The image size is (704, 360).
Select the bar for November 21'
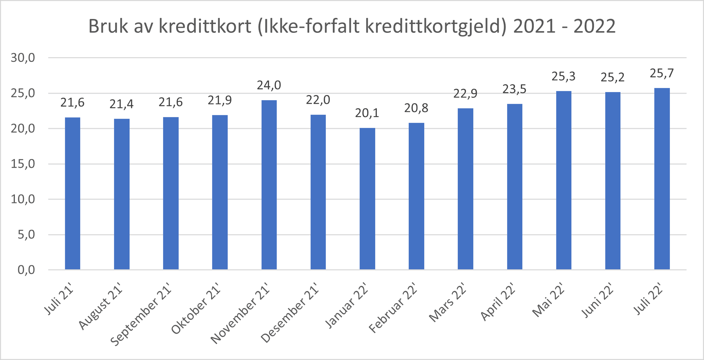click(x=269, y=185)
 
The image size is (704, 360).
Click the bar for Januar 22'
click(x=367, y=199)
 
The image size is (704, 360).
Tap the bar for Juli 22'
click(x=662, y=179)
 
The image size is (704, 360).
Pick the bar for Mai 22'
click(x=564, y=180)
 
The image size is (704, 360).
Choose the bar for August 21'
click(x=121, y=194)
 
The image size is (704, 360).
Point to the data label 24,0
click(x=269, y=85)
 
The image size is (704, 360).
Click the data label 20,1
click(x=367, y=113)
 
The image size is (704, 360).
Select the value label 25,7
click(x=662, y=73)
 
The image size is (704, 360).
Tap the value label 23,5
click(x=514, y=89)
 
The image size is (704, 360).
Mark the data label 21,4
click(x=121, y=104)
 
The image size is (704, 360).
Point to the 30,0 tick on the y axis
click(x=23, y=58)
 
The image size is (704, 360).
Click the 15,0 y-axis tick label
click(x=23, y=164)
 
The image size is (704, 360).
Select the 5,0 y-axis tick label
click(x=26, y=234)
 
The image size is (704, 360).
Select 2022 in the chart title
click(x=594, y=26)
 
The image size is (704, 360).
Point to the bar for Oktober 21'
click(x=220, y=192)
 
